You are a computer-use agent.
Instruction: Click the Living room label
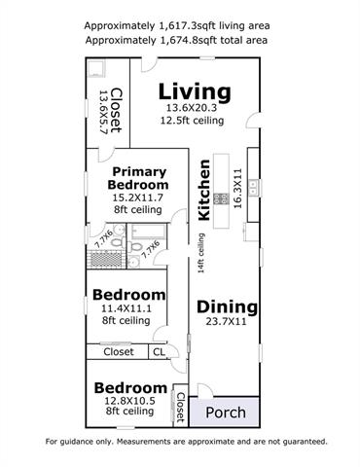tap(195, 92)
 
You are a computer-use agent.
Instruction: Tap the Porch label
tap(226, 413)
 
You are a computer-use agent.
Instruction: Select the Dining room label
tap(227, 306)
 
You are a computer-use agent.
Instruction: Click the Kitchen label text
tap(204, 190)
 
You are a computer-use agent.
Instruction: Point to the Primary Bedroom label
tap(138, 178)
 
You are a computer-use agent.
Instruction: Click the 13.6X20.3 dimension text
tap(192, 108)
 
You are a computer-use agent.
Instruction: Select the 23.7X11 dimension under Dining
tap(226, 322)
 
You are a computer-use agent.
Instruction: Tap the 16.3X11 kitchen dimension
tap(237, 189)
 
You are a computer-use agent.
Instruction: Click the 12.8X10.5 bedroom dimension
tap(129, 401)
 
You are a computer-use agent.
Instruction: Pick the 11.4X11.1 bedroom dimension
tap(126, 308)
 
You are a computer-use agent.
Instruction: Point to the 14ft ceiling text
tap(201, 253)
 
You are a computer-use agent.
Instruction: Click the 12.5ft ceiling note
tap(192, 121)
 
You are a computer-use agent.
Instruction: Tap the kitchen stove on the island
tap(221, 198)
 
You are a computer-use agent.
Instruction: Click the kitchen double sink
tap(253, 188)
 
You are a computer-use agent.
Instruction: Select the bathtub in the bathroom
tap(149, 232)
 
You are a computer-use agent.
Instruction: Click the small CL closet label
tap(159, 352)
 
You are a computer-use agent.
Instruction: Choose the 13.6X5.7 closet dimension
tap(103, 112)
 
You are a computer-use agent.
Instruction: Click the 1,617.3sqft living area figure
tap(188, 25)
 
